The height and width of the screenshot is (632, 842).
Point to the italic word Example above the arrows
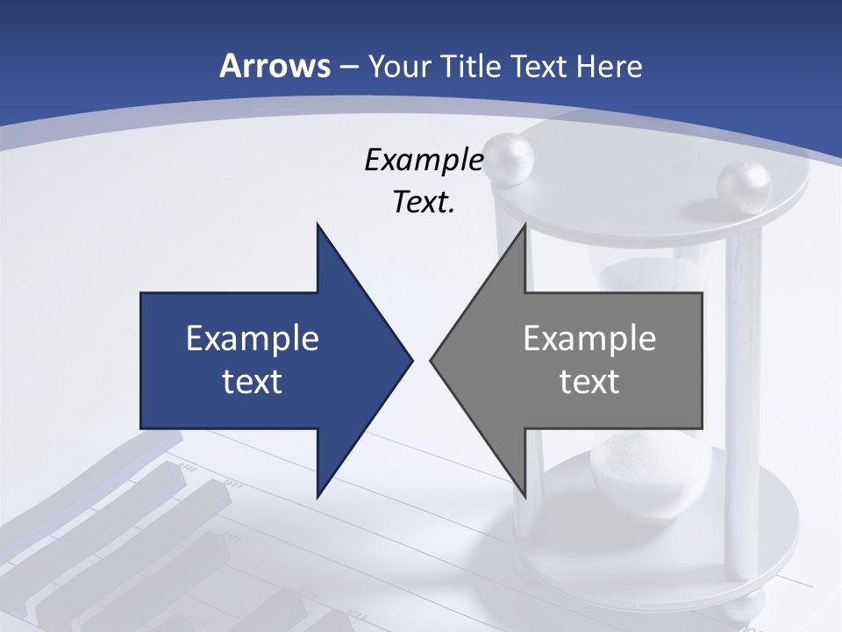(424, 161)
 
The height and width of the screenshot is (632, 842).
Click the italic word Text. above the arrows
(424, 203)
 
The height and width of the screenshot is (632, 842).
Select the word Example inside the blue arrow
(253, 338)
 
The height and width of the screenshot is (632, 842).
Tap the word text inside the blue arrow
(253, 381)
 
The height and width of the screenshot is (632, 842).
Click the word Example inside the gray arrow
(589, 338)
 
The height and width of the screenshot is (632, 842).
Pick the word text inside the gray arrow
(589, 381)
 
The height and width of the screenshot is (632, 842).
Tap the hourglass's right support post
(743, 395)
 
